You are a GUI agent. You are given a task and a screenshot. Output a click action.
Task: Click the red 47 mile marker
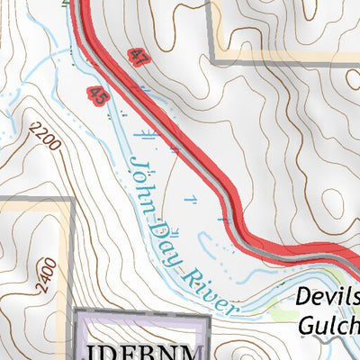point(138,58)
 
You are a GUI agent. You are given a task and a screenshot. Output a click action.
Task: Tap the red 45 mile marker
point(98,94)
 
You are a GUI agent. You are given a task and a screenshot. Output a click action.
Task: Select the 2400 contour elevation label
point(47,276)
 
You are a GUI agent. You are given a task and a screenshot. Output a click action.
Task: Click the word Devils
point(327,298)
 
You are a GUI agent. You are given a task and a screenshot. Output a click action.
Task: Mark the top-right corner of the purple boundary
point(208,315)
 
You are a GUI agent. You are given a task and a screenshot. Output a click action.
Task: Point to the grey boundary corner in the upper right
point(213,61)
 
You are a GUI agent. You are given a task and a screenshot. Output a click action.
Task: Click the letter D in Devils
point(301,298)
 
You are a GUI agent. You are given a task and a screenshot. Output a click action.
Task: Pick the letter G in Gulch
point(307,325)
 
